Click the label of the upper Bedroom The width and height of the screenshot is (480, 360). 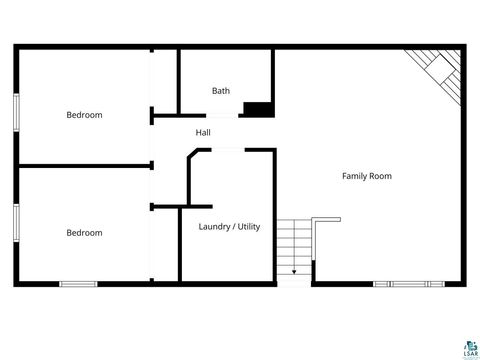click(x=84, y=115)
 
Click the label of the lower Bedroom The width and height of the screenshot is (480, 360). click(x=84, y=233)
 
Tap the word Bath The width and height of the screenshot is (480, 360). click(x=221, y=91)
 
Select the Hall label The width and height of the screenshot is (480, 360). click(x=203, y=132)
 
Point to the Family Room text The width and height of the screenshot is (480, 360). click(x=367, y=176)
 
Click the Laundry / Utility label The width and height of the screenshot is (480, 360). click(x=229, y=227)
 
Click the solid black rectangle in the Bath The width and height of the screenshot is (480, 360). click(x=259, y=109)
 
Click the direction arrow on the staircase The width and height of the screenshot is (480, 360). click(x=294, y=269)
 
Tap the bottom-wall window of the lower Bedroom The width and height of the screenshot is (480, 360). click(x=77, y=284)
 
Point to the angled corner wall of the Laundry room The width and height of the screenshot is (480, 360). click(x=194, y=157)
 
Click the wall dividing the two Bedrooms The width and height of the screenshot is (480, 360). click(x=84, y=167)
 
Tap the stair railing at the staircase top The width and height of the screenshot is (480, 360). click(x=326, y=219)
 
